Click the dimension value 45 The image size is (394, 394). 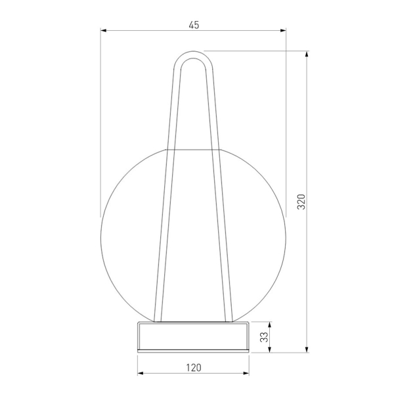(x=194, y=25)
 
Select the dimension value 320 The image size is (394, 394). (x=301, y=202)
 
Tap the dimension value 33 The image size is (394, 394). (x=264, y=337)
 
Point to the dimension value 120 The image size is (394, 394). (x=194, y=368)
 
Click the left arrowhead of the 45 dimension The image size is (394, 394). (x=104, y=31)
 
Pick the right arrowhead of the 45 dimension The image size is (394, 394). (x=283, y=31)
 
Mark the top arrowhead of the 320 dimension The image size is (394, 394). (x=306, y=55)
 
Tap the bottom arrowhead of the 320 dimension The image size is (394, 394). (x=306, y=349)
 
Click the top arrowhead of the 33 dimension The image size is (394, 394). (x=270, y=324)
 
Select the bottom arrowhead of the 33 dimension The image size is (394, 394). (x=270, y=349)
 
